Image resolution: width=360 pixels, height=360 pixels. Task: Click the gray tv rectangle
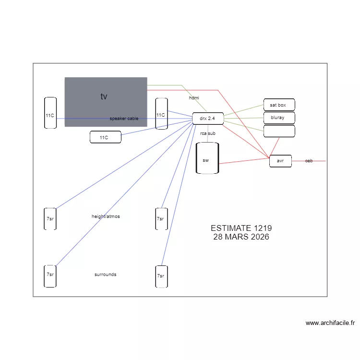pos(106,102)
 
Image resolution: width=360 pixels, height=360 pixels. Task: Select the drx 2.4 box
pos(208,119)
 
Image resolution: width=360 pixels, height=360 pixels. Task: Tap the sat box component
pos(279,105)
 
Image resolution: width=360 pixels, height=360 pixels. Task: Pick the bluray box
pos(279,118)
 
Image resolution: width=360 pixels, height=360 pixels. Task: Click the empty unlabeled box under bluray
pos(279,131)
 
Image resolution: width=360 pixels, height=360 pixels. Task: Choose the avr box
pos(280,161)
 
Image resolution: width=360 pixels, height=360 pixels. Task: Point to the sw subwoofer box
pos(207,158)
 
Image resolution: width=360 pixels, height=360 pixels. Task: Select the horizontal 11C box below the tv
pos(106,137)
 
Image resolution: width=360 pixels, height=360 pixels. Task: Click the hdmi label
pos(194,98)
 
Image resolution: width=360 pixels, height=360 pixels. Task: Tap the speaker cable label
pos(124,119)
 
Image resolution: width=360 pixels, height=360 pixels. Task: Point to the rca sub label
pos(208,133)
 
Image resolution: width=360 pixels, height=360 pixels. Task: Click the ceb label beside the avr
pos(309,161)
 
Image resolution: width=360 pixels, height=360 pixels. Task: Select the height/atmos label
pos(106,216)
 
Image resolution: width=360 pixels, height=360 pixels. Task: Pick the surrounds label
pos(106,275)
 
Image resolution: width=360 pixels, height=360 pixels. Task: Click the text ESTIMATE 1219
pos(241,228)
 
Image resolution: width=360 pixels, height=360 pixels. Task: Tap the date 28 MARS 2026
pos(241,237)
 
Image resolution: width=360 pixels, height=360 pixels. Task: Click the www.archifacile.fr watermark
pos(330,323)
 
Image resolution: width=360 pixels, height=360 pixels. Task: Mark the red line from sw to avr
pos(244,161)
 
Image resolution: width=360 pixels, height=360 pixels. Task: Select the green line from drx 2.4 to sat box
pos(243,110)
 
